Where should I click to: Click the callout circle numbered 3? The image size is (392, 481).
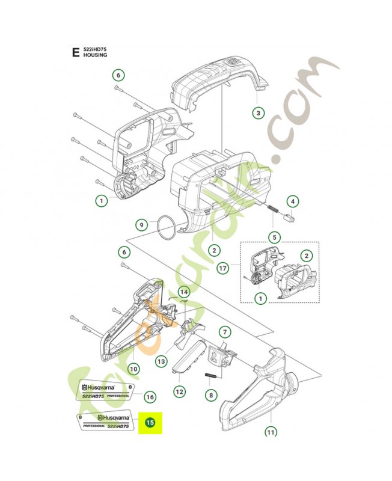(x=257, y=112)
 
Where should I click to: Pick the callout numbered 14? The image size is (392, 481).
(x=184, y=292)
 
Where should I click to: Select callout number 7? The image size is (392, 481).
(x=224, y=331)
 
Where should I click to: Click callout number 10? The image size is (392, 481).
(x=133, y=368)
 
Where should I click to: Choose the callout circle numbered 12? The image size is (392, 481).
(x=180, y=391)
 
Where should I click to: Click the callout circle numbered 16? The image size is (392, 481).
(x=150, y=396)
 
